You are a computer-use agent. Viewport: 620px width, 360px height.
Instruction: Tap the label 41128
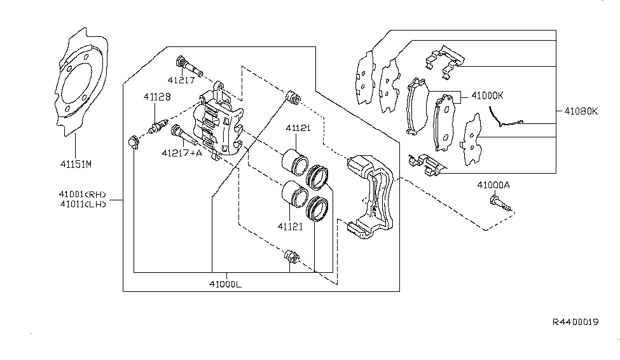pos(156,96)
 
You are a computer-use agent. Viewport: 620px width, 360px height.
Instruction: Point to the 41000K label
pos(487,95)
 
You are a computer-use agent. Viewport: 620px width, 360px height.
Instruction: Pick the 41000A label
pos(494,185)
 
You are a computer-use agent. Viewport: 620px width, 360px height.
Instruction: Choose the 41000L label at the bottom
pos(225,284)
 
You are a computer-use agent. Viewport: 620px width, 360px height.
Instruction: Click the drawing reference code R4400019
pos(575,322)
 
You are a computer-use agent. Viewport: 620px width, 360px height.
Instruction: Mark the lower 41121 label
pos(289,225)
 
